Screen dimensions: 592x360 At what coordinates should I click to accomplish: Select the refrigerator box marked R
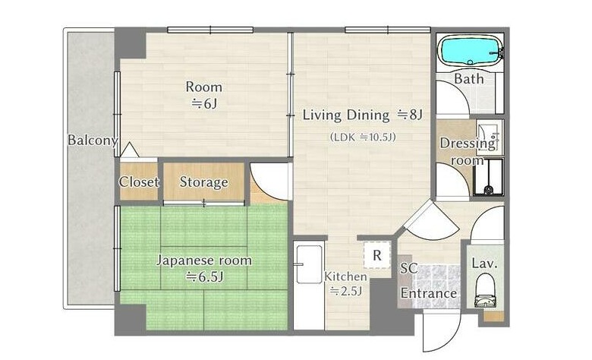tap(376, 255)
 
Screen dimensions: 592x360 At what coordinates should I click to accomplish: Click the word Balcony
tap(93, 141)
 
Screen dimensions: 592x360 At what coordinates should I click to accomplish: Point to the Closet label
tap(139, 182)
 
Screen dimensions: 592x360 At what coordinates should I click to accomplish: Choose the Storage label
tap(204, 182)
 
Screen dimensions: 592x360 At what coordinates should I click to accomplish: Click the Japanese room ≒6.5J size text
tap(205, 277)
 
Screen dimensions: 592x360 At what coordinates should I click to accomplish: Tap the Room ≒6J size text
tap(204, 103)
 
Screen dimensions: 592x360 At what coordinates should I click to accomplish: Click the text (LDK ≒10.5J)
tap(363, 137)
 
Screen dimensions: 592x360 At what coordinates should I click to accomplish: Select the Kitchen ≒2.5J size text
tap(346, 290)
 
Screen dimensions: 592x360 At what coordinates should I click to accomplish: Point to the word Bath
tap(469, 79)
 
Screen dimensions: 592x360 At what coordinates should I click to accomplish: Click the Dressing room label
tap(468, 151)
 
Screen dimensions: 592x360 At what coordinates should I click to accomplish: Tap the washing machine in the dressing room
tap(489, 177)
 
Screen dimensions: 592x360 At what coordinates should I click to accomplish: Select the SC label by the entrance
tap(408, 268)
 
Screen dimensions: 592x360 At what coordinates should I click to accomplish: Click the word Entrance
tap(429, 293)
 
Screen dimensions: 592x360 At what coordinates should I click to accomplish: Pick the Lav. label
tap(484, 264)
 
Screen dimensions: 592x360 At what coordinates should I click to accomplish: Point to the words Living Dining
tap(346, 115)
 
